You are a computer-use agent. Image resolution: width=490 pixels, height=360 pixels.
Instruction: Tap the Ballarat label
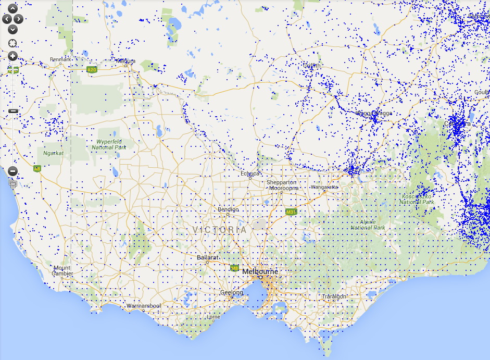tap(207, 257)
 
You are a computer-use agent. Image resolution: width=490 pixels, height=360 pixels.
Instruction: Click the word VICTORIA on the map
tap(219, 230)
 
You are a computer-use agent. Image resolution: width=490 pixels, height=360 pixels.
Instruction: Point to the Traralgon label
tap(333, 296)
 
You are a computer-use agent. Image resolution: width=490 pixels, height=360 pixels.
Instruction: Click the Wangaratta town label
tap(324, 187)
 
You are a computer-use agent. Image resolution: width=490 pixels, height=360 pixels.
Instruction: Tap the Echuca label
tap(250, 173)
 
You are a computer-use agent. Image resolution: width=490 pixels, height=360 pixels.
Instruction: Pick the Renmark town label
tap(60, 59)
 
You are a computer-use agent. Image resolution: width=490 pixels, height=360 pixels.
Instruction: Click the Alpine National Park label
tap(368, 225)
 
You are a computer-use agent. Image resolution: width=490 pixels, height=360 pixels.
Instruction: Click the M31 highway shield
tap(291, 212)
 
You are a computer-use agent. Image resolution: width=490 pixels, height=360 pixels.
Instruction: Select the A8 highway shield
tap(37, 168)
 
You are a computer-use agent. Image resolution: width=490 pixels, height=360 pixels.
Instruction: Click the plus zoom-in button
tap(13, 56)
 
